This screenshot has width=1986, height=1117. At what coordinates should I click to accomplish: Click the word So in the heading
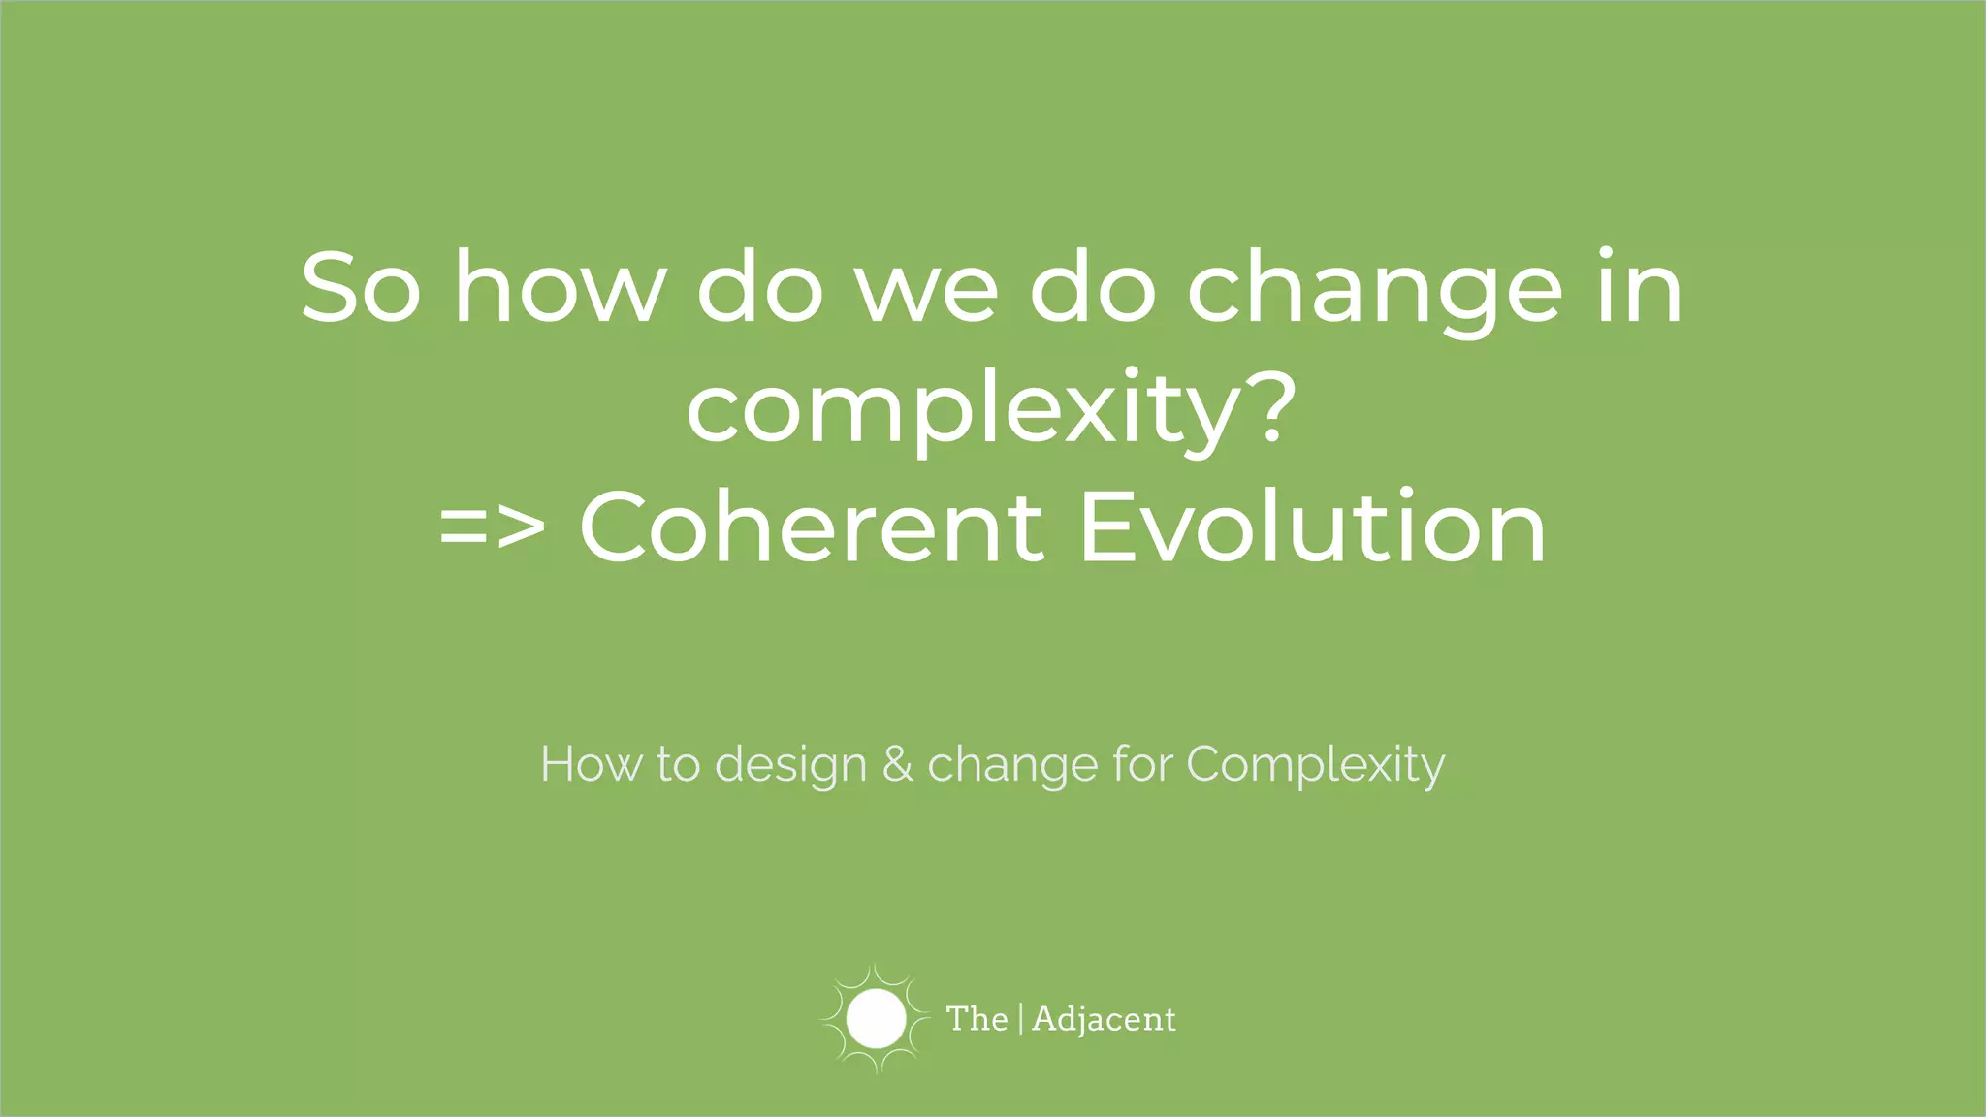pos(360,288)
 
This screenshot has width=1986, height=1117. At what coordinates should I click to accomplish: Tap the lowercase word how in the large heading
pos(560,288)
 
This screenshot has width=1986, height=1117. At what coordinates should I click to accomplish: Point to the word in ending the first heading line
pos(1639,288)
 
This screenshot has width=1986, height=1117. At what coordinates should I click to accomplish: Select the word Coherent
pos(812,528)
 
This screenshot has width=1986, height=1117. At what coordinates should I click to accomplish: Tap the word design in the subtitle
pos(790,766)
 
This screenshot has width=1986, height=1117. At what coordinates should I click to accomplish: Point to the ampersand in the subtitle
pos(897,765)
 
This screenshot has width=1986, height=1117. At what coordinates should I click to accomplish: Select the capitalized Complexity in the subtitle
pos(1315,766)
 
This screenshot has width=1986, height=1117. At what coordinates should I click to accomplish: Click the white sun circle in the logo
pos(876,1019)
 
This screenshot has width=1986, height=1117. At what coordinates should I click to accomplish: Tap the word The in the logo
pos(977,1019)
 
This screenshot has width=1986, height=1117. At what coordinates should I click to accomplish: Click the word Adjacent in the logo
pos(1104,1020)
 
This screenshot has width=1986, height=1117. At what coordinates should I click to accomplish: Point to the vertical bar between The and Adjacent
pos(1020,1019)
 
